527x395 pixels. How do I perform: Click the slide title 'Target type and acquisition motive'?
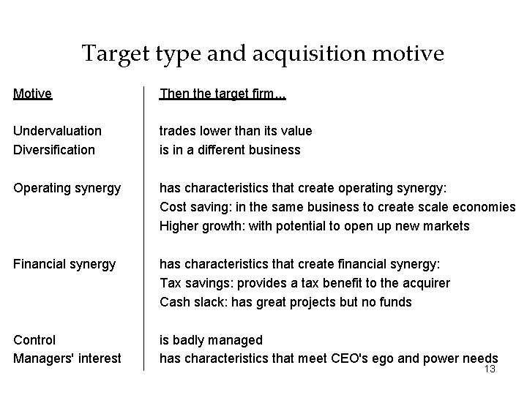(263, 53)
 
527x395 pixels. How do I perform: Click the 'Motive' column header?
(33, 94)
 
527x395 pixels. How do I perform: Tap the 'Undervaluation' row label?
(58, 131)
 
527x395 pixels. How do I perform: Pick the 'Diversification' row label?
(54, 150)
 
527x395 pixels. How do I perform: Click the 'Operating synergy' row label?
(67, 188)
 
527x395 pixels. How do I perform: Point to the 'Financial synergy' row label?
(64, 264)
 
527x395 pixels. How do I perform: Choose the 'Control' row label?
(34, 340)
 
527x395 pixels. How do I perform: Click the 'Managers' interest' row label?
(67, 359)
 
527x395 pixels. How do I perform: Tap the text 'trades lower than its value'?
(236, 131)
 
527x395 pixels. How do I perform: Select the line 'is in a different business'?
(230, 150)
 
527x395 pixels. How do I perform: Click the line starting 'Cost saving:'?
(337, 207)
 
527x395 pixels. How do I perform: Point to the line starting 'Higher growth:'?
(315, 226)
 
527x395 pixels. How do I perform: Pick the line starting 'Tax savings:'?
(304, 283)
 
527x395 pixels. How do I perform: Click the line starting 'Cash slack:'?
(285, 302)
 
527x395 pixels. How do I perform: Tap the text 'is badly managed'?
(211, 340)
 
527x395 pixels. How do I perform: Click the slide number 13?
(490, 369)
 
